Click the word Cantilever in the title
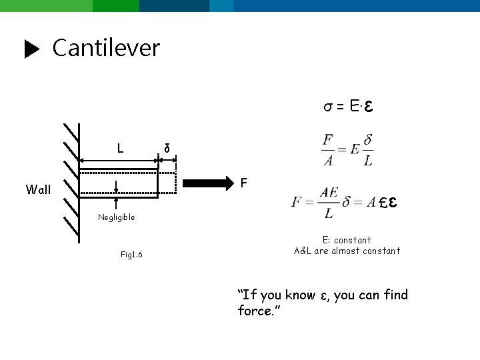(106, 48)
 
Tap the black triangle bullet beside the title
(32, 49)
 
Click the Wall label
(38, 189)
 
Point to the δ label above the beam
(167, 148)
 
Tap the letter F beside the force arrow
(244, 181)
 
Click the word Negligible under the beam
(116, 217)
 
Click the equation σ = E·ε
(347, 107)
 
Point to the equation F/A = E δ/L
(347, 151)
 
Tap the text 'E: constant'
(347, 240)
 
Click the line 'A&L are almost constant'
(347, 251)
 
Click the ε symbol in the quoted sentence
(323, 295)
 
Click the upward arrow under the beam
(117, 203)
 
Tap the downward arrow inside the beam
(117, 186)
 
